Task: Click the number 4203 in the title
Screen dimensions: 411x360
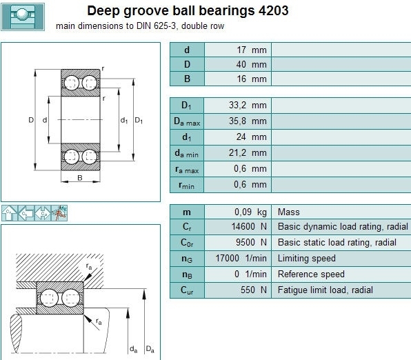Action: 273,11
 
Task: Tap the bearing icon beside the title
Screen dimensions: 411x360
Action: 23,17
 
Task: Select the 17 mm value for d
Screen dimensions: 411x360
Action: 252,50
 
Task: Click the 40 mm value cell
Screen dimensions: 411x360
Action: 238,64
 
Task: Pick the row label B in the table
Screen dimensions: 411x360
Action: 187,79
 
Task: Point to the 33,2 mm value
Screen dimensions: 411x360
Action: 248,105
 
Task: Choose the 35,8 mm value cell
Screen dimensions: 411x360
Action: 238,121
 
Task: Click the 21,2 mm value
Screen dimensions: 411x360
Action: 248,152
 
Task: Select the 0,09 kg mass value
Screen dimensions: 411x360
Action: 250,212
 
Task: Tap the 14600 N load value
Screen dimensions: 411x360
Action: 249,226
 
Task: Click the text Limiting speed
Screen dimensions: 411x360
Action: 306,258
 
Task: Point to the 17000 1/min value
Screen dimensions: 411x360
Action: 241,258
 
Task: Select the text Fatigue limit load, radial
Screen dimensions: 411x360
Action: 325,290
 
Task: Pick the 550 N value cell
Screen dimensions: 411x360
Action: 238,290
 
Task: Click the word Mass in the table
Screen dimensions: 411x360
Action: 288,212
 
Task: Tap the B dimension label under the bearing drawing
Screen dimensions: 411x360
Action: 80,178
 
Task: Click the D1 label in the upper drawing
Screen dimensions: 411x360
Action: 139,121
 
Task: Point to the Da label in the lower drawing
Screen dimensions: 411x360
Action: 150,349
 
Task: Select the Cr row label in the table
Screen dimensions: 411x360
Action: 187,226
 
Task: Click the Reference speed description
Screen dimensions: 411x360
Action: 311,274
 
